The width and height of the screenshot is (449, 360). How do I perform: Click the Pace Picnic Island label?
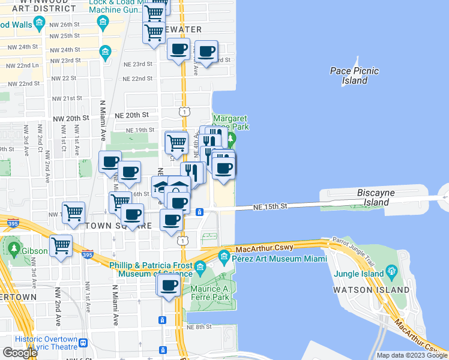(355, 76)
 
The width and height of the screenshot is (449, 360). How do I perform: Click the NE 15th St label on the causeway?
(271, 206)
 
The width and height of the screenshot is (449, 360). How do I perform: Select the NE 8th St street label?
(199, 327)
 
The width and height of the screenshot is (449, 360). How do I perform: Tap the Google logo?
(20, 353)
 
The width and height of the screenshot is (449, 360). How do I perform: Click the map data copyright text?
(411, 355)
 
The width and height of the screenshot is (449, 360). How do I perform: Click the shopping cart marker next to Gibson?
(61, 245)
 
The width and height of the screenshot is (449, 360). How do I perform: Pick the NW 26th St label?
(65, 24)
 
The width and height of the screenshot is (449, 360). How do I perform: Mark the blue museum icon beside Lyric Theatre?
(83, 343)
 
